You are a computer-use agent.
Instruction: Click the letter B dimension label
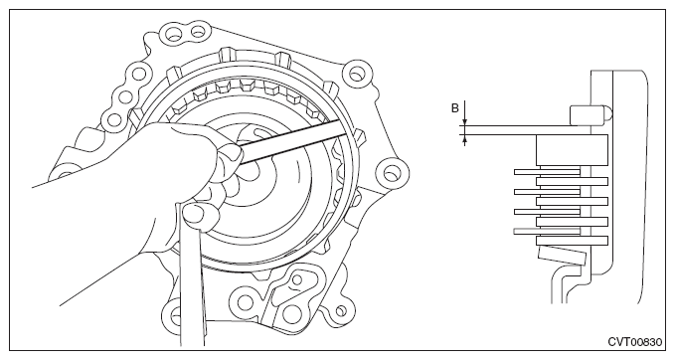tap(454, 108)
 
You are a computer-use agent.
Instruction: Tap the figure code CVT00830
tap(635, 342)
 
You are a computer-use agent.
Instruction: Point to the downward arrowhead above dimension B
tap(464, 121)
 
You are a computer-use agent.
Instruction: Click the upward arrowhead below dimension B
tap(464, 138)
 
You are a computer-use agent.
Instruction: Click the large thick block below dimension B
tap(572, 150)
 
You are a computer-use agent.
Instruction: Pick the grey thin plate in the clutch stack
tap(547, 232)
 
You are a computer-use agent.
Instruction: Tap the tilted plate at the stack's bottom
tap(562, 255)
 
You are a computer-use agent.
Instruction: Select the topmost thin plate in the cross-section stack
tap(547, 172)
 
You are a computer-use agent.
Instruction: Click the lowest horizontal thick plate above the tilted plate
tap(572, 241)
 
